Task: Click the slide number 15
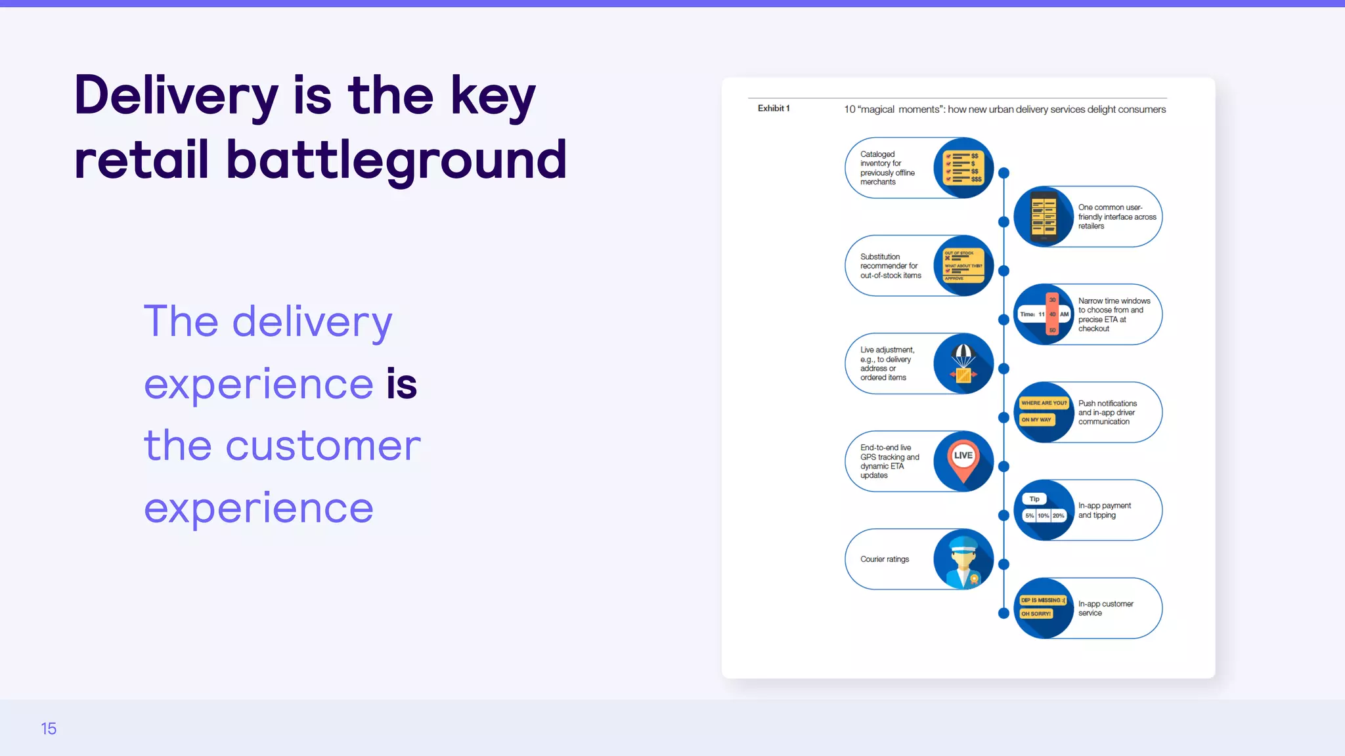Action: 49,728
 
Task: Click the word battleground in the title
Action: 396,160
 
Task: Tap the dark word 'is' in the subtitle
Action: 401,384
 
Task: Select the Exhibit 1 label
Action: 774,108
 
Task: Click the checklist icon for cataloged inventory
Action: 963,167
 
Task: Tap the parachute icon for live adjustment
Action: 963,364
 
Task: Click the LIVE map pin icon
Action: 963,460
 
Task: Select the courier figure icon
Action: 963,559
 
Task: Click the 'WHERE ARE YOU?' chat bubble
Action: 1044,403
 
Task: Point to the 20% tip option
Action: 1058,516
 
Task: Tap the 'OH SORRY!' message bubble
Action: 1036,614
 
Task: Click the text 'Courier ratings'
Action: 885,559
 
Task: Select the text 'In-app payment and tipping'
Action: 1104,511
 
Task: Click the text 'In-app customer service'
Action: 1105,608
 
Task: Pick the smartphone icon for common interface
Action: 1043,217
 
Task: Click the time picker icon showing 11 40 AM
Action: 1044,314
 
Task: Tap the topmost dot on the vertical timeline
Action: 1003,173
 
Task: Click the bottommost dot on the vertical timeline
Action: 1003,614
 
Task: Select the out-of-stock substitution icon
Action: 963,265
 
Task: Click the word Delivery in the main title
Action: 176,96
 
